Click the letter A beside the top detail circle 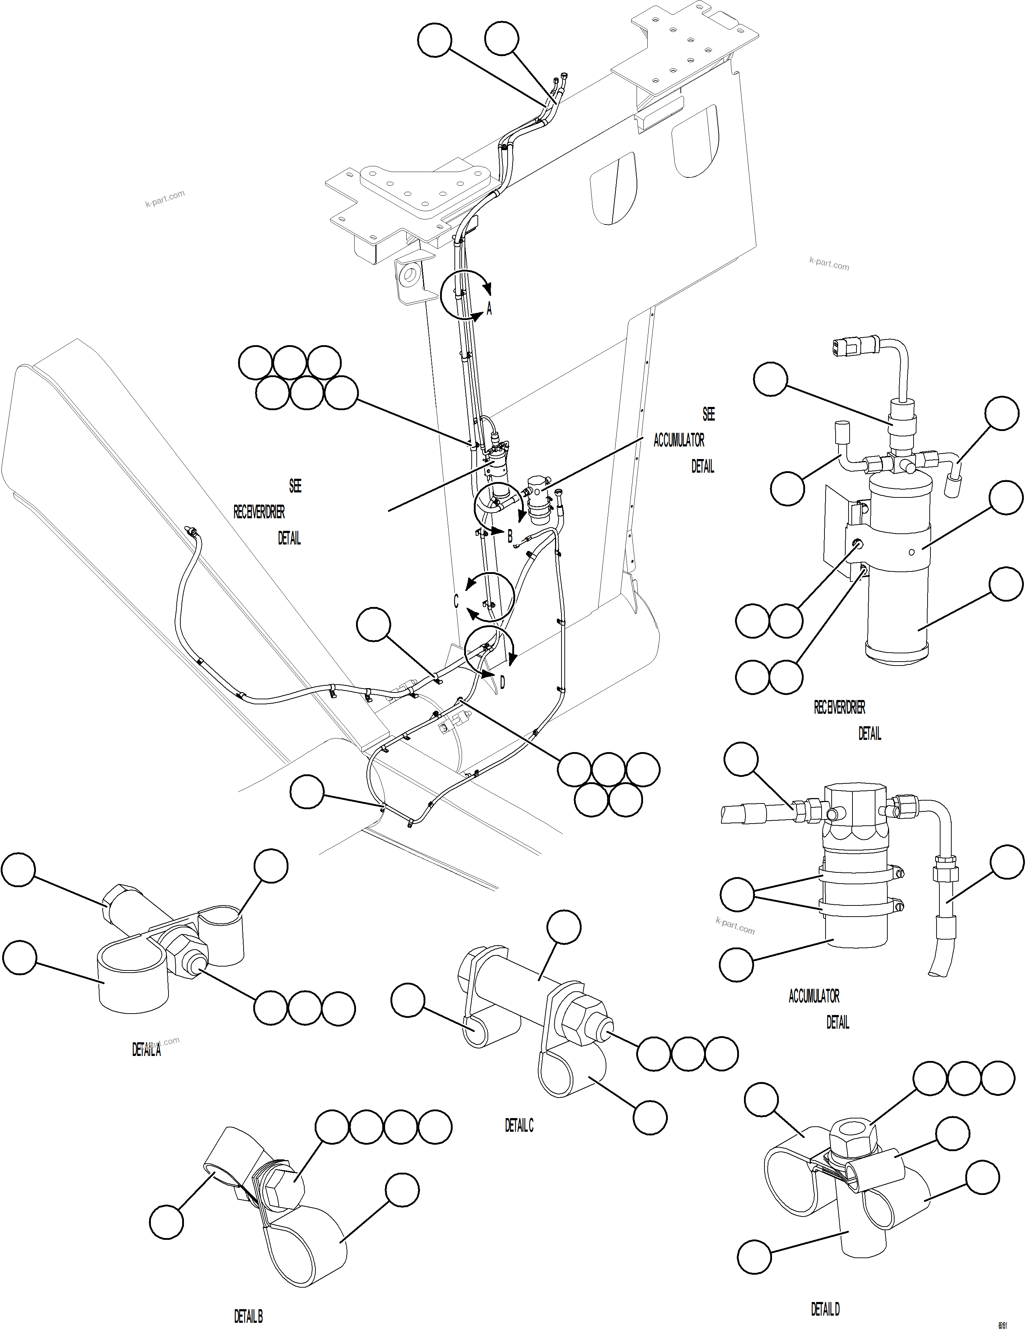point(489,309)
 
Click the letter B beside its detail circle point(510,537)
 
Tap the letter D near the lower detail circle point(502,683)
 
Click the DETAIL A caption point(146,1050)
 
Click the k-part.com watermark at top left point(165,199)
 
